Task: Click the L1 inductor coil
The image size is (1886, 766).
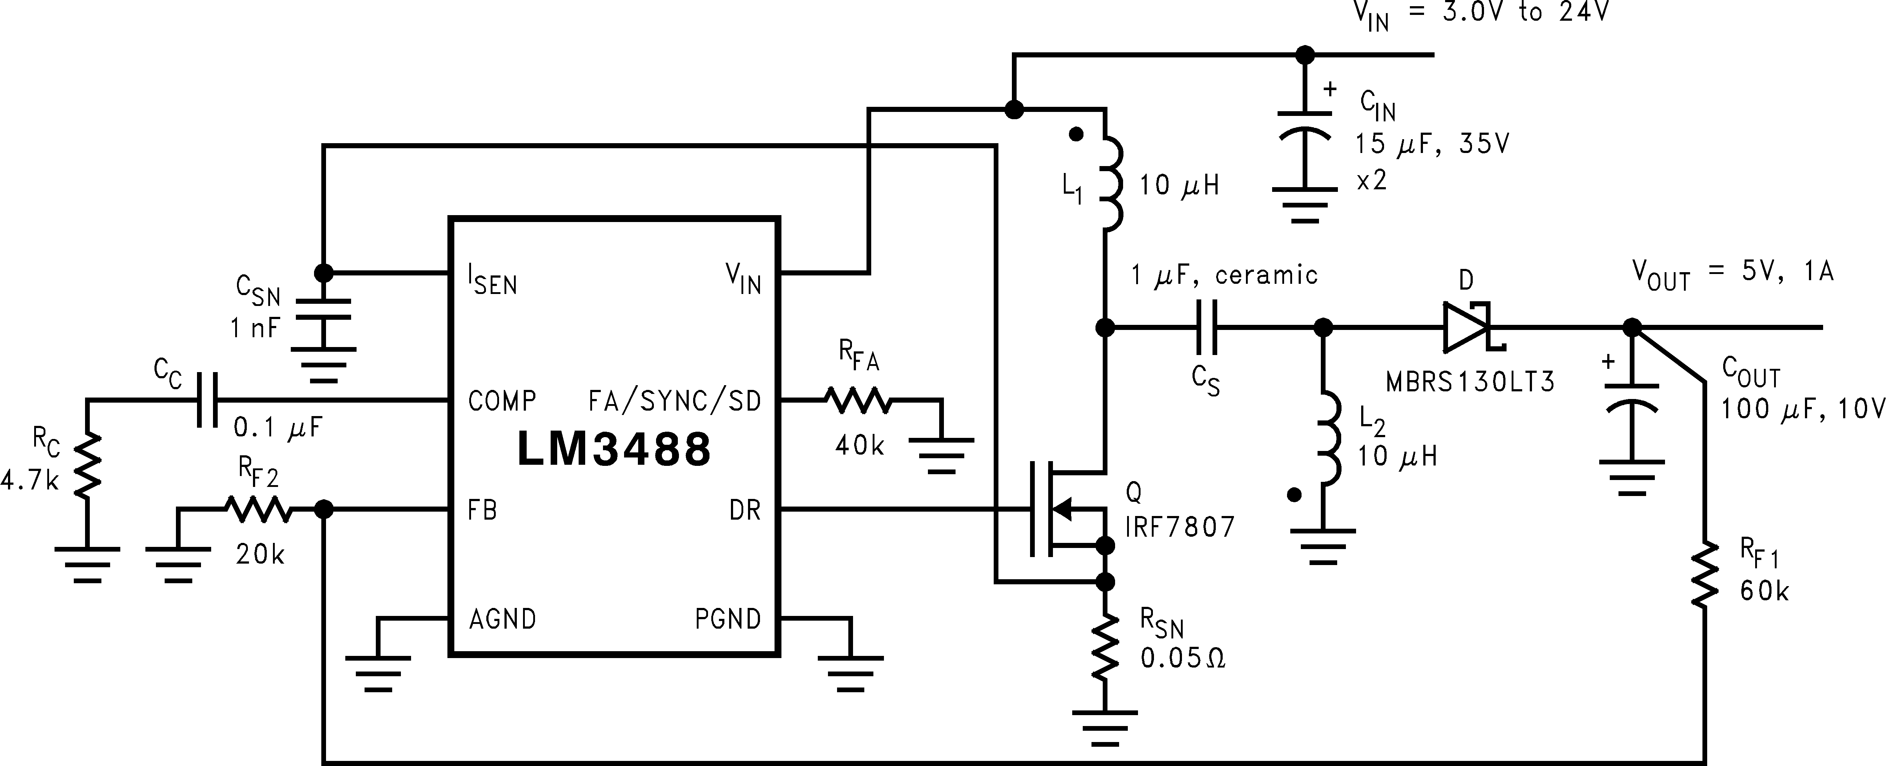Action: tap(1109, 183)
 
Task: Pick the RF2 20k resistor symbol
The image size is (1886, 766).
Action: tap(258, 509)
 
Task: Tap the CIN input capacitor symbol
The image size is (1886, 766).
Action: tap(1305, 126)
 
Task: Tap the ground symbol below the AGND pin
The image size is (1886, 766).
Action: tap(378, 672)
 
